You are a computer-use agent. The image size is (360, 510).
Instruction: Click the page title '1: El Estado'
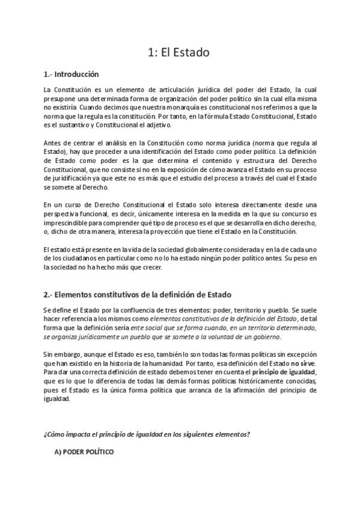[178, 52]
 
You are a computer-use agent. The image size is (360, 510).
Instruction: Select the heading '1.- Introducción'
[71, 75]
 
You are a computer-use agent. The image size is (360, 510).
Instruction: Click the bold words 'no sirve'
[302, 364]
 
